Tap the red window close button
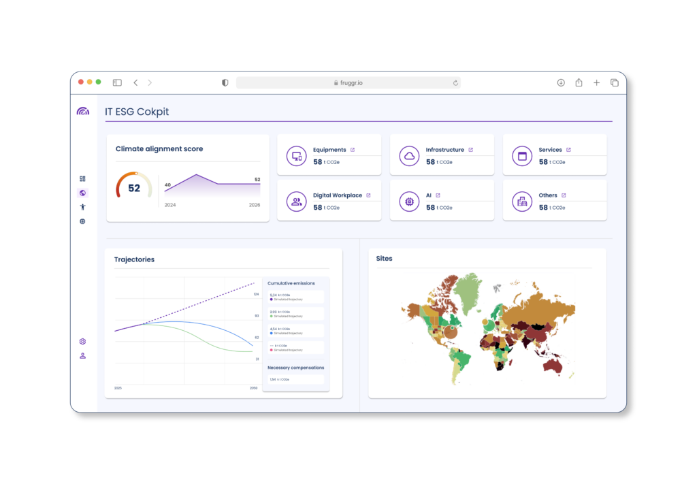[81, 82]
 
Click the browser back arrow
[135, 82]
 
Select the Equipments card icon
[297, 155]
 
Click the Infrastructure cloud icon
[410, 155]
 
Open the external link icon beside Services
[568, 150]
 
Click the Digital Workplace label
[337, 195]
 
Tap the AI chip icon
[410, 201]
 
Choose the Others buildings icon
[523, 201]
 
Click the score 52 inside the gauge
[134, 188]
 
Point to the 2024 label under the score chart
[170, 205]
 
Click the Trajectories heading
[134, 259]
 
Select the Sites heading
[385, 259]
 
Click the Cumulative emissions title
[291, 283]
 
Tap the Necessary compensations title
[295, 368]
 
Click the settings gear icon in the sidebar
[82, 341]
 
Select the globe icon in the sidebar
[82, 193]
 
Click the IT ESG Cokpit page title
[137, 112]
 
